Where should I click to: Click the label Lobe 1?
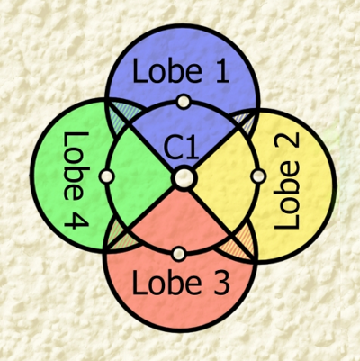coord(181,70)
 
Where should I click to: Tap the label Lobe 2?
coord(287,181)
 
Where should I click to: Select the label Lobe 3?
coord(181,283)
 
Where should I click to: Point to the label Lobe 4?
coord(76,180)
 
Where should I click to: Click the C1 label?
coord(182,149)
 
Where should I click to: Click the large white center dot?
coord(184,178)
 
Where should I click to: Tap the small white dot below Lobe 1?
coord(184,102)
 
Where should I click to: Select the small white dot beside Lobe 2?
coord(258,176)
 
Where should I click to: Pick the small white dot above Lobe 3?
coord(179,255)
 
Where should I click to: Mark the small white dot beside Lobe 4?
coord(106,176)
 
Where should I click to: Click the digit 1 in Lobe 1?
coord(221,70)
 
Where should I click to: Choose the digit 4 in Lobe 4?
coord(76,221)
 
